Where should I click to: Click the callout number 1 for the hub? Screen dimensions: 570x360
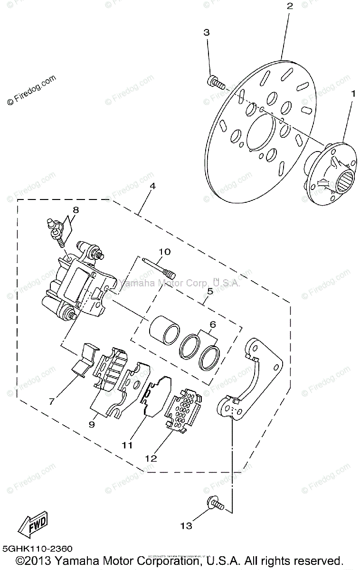coord(352,94)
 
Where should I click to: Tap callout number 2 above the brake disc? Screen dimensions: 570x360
coord(290,6)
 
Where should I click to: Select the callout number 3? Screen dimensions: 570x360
coord(206,32)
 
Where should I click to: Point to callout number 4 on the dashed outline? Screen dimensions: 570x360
coord(152,187)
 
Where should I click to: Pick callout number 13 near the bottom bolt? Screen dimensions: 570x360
coord(186,525)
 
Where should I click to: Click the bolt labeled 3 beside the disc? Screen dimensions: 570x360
coord(216,82)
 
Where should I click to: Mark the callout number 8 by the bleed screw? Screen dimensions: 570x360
coord(76,209)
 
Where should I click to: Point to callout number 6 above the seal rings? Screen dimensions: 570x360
coord(212,325)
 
